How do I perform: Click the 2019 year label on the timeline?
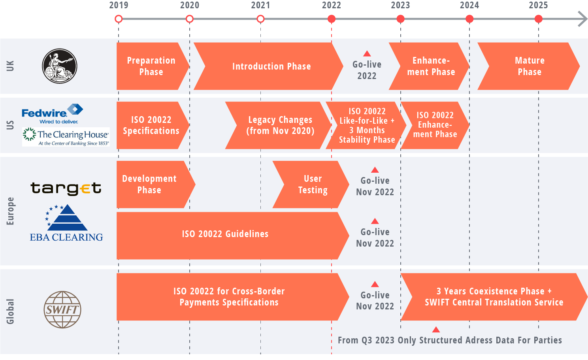[x=119, y=5]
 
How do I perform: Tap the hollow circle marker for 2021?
[x=260, y=19]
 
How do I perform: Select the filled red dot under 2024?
[x=469, y=19]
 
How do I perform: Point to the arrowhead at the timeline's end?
[x=582, y=19]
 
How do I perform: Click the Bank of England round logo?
[x=60, y=66]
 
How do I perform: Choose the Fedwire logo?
[x=52, y=113]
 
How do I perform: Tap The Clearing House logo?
[x=66, y=137]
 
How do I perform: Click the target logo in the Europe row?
[x=66, y=188]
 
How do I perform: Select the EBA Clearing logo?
[x=66, y=223]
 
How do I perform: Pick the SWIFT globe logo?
[x=62, y=309]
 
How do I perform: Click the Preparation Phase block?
[x=151, y=66]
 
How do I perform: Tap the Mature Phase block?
[x=530, y=66]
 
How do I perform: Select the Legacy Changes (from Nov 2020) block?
[x=280, y=125]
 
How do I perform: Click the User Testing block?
[x=312, y=185]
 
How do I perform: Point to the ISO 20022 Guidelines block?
[x=225, y=234]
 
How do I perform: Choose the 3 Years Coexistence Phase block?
[x=494, y=297]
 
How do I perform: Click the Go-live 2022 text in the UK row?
[x=367, y=70]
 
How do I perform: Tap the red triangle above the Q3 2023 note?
[x=436, y=330]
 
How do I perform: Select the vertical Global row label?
[x=10, y=311]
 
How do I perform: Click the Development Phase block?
[x=149, y=185]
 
